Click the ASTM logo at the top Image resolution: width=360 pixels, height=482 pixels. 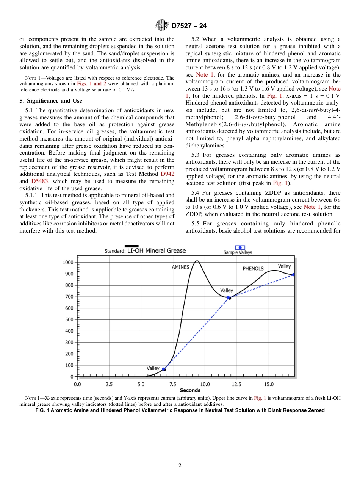coord(161,26)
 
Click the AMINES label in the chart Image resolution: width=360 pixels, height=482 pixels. coord(180,267)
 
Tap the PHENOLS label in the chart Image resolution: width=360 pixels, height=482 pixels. coord(253,269)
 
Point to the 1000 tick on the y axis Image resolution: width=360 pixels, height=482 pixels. coord(68,263)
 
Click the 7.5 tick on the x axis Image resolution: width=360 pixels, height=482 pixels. coord(173,384)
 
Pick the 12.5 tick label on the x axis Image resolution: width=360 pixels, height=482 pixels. coord(236,384)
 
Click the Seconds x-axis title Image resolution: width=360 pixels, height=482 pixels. coord(190,390)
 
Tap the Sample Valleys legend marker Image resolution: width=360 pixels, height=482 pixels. coord(240,247)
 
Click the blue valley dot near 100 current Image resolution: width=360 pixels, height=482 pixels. coord(164,369)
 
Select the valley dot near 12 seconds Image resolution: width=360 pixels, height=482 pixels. coord(229,298)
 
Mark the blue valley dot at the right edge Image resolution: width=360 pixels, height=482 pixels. coord(293,275)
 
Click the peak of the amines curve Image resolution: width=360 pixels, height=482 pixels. coord(197,261)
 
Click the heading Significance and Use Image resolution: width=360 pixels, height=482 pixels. coord(50,101)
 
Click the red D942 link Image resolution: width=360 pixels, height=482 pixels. coord(168,174)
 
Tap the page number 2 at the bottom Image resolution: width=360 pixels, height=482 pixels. coord(180,466)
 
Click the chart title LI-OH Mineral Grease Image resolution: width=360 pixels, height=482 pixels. coord(157,250)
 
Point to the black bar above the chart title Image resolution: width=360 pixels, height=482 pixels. coord(131,246)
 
